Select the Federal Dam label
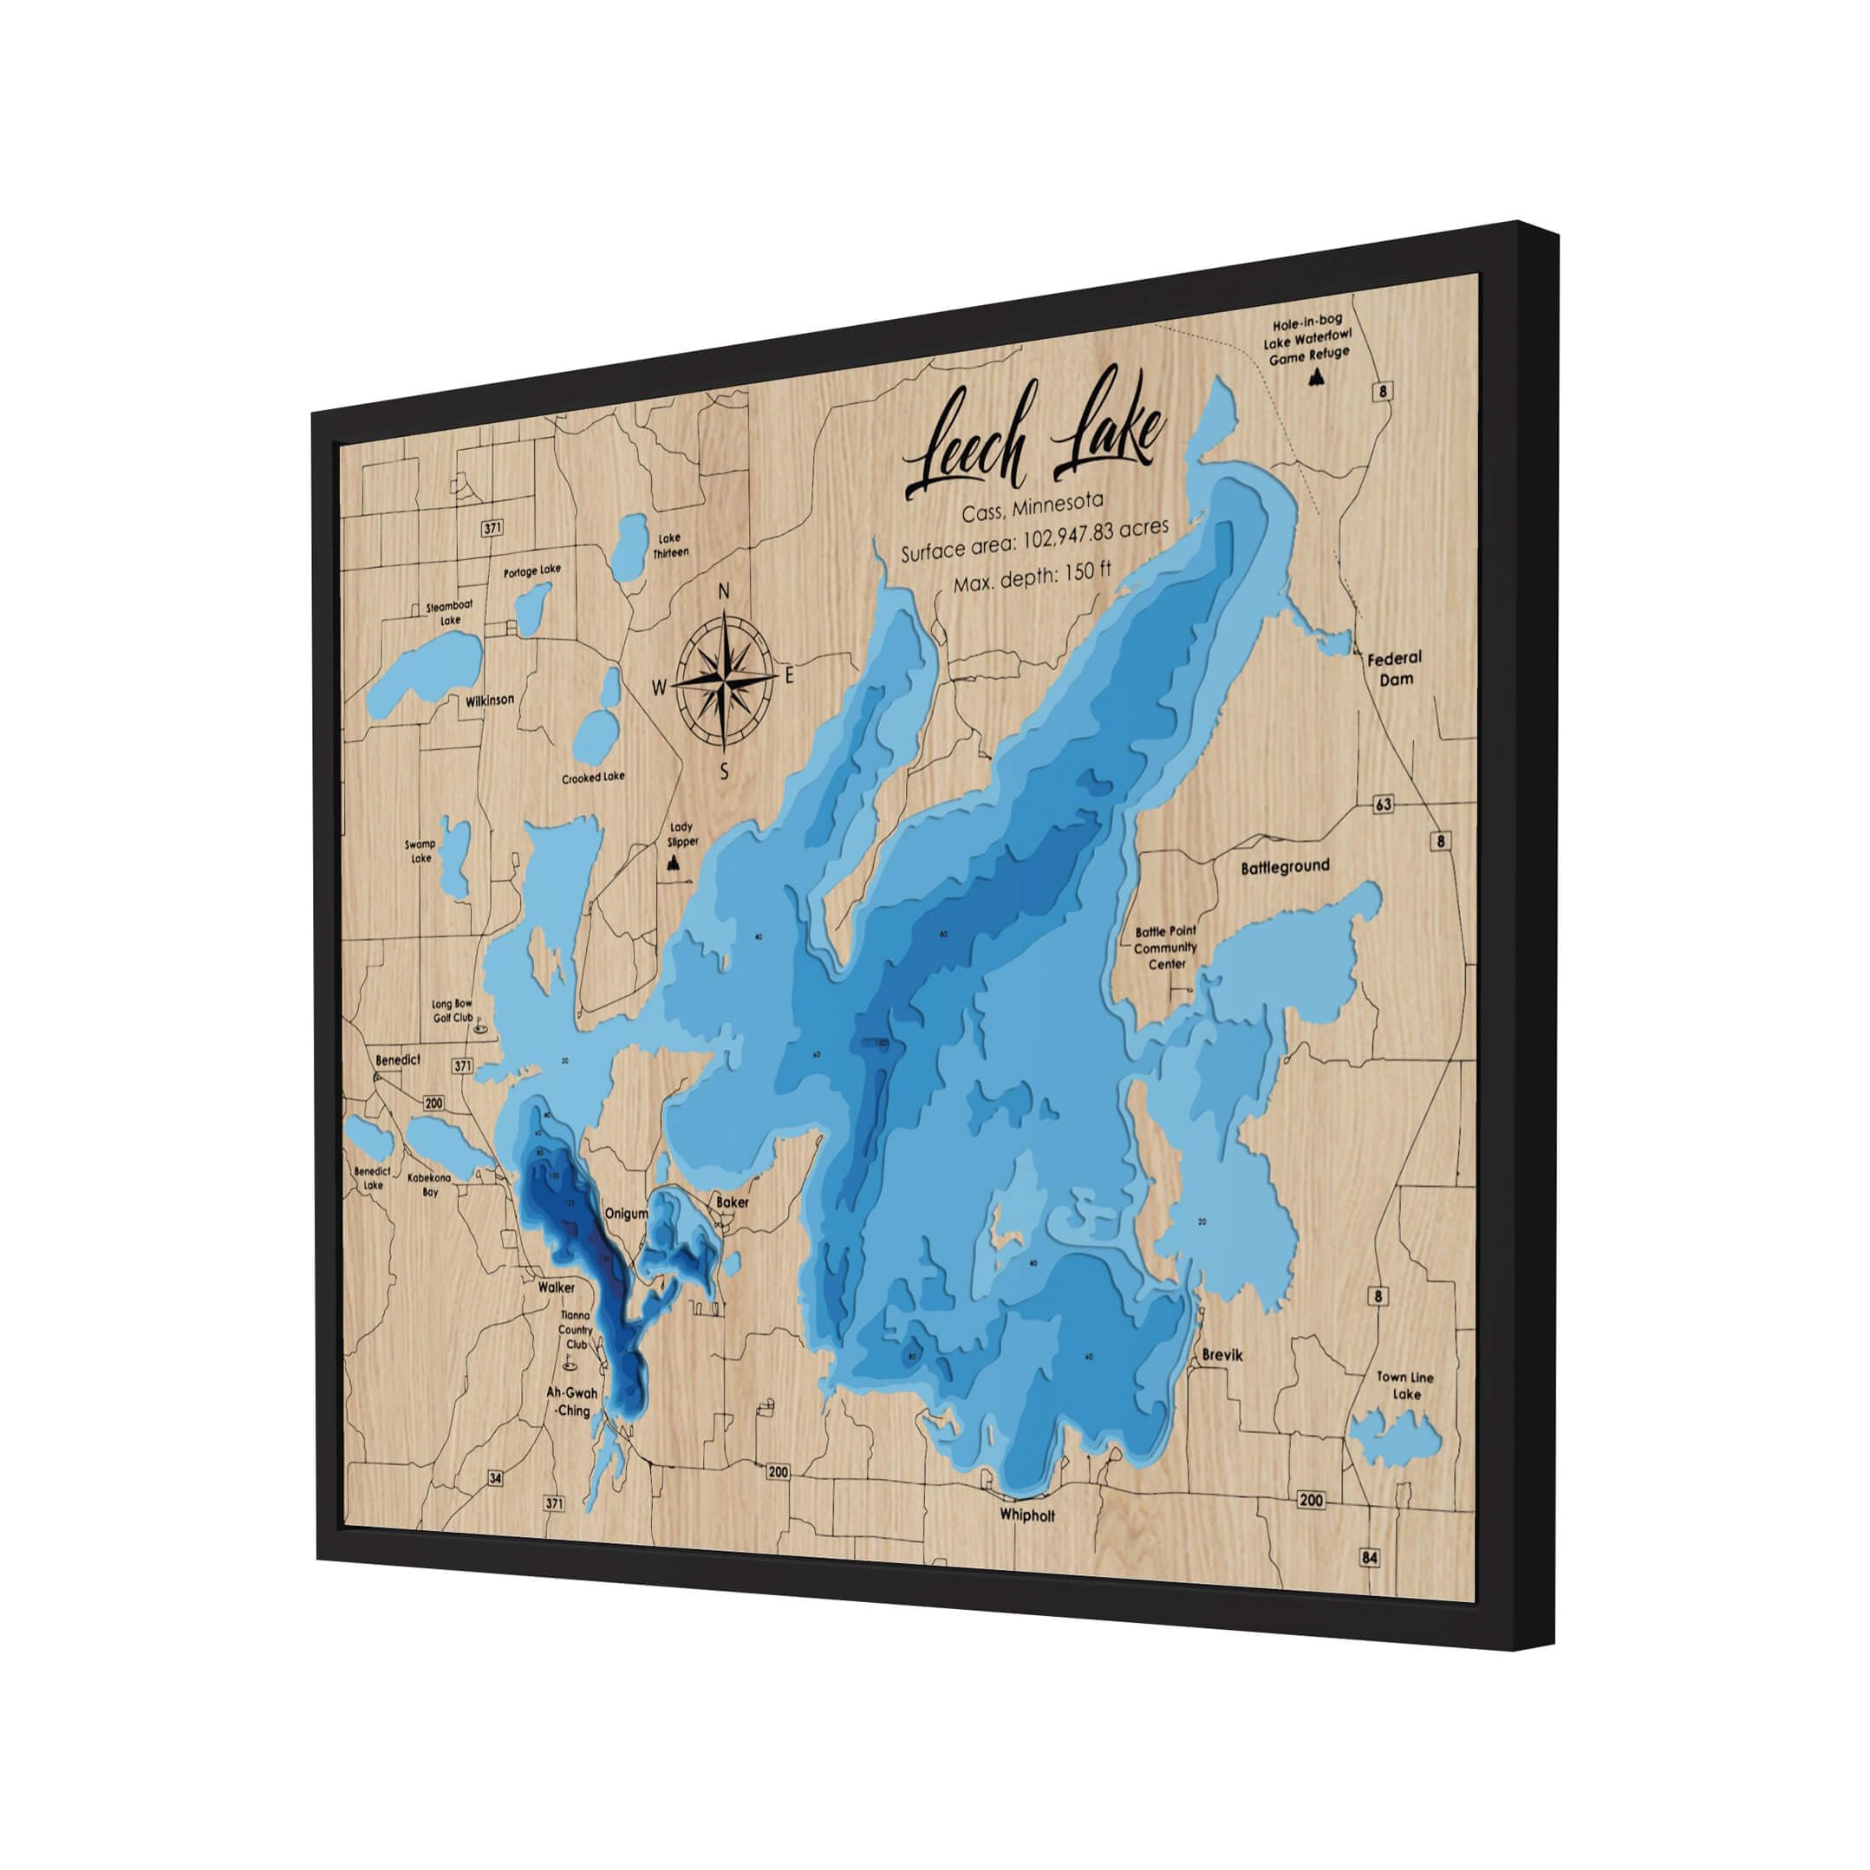point(1395,668)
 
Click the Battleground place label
point(1286,867)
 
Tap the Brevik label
point(1222,1356)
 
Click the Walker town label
point(557,1287)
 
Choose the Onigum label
point(626,1214)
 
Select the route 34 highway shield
point(496,1478)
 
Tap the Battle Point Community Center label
point(1166,948)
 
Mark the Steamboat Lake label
point(450,614)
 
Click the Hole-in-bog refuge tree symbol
point(1316,381)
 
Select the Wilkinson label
point(490,700)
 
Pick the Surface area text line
point(1034,540)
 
